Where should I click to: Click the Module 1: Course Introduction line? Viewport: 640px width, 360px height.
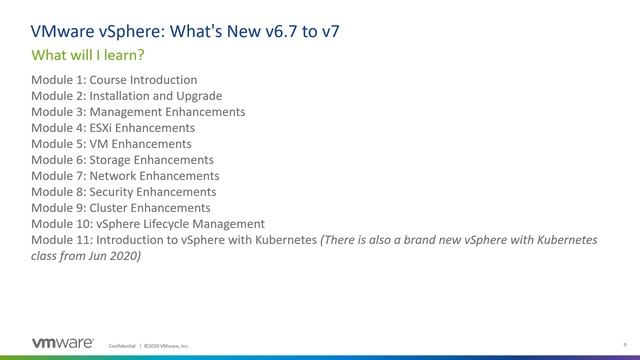click(x=114, y=80)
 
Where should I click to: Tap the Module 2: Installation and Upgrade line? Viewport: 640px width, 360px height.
click(x=126, y=96)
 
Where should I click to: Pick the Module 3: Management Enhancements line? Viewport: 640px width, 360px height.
click(x=138, y=112)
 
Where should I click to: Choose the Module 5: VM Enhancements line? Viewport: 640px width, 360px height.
click(x=111, y=144)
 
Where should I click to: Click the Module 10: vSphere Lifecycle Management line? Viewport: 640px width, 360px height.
click(x=148, y=224)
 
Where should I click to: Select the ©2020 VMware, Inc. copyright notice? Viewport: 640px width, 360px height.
click(x=166, y=345)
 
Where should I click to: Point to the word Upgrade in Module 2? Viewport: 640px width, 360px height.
click(x=198, y=96)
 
